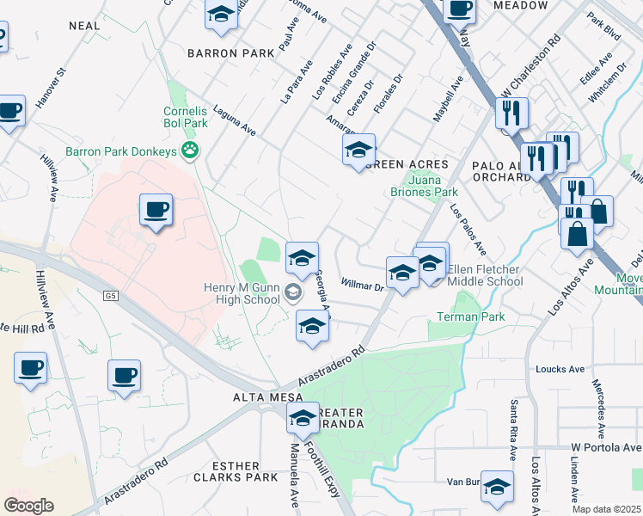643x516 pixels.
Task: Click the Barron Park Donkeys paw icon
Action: pos(189,151)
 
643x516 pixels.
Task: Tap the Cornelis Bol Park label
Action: pos(187,117)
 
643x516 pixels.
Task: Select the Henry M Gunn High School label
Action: pos(242,293)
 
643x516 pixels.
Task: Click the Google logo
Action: pos(28,506)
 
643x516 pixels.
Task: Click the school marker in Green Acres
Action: pos(358,150)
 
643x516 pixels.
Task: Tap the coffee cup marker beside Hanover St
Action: pos(10,111)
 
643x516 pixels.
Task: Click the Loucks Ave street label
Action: pos(560,369)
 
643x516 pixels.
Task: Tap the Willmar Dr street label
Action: pos(361,283)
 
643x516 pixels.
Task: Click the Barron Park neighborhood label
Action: pos(233,52)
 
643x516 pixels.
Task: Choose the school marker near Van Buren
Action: pos(497,487)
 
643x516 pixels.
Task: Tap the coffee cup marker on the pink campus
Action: pos(156,210)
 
